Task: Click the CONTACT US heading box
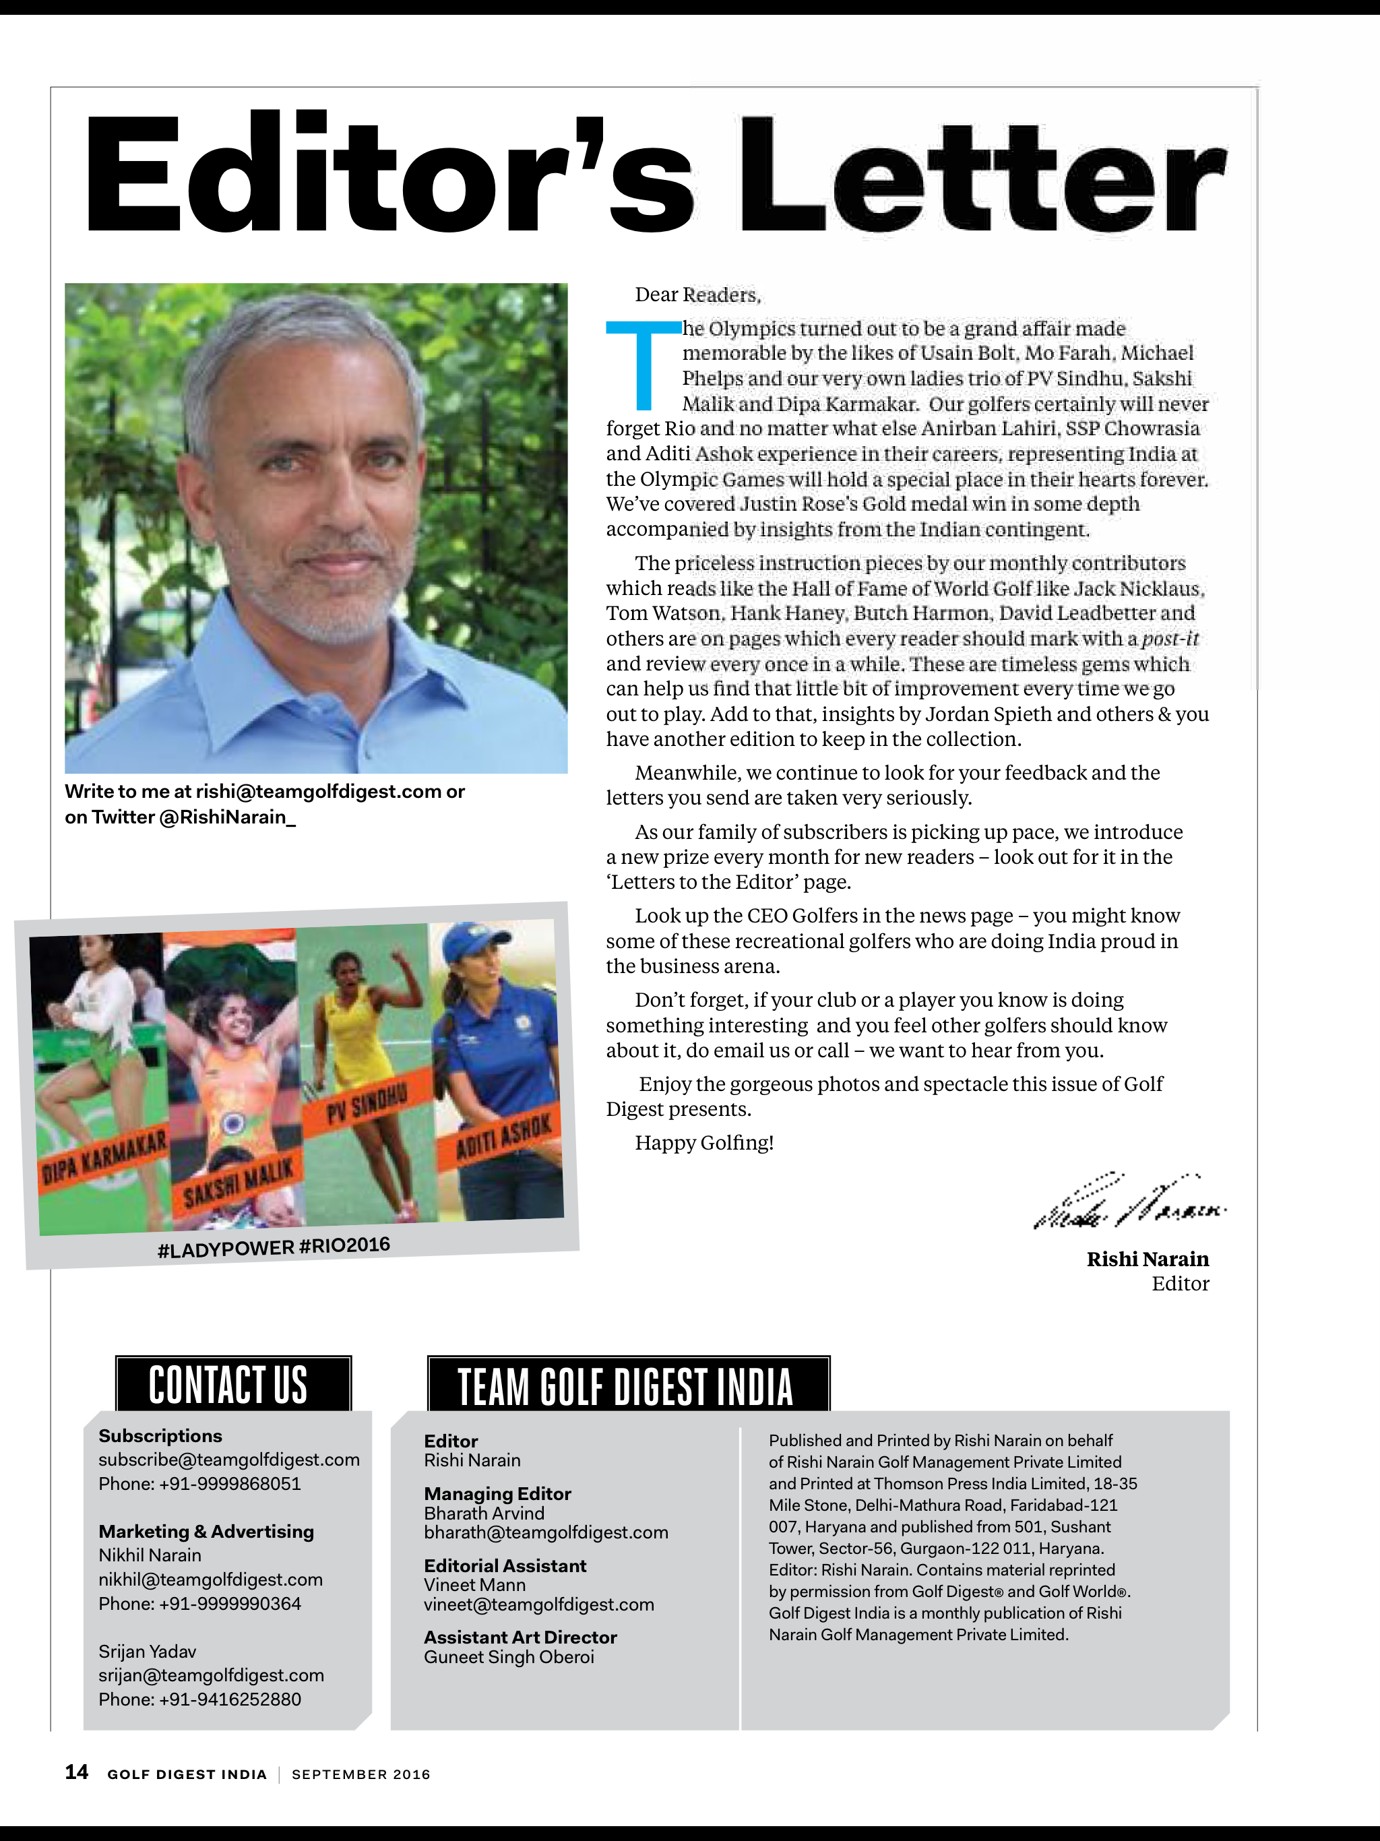[232, 1384]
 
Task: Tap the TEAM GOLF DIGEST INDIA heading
[627, 1385]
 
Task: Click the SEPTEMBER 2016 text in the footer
[360, 1774]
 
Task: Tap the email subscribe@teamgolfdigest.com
[229, 1460]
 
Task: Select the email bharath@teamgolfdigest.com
[545, 1532]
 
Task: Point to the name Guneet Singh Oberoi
[509, 1657]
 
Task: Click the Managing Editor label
[497, 1494]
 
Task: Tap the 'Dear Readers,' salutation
[697, 294]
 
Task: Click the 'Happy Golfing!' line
[704, 1143]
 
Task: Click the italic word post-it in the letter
[1169, 638]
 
